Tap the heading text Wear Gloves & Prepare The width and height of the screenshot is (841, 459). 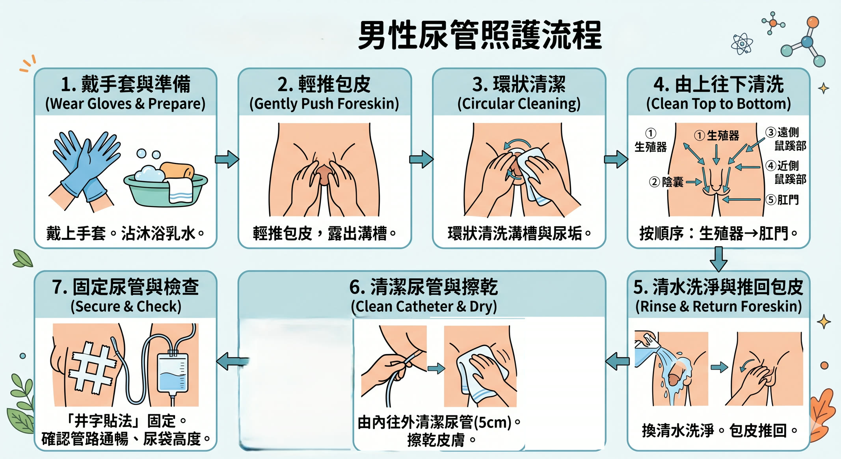(125, 104)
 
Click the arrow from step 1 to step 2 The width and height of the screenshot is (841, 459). (227, 159)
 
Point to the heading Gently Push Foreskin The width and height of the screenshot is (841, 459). (324, 104)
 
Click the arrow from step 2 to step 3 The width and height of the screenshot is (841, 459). (421, 159)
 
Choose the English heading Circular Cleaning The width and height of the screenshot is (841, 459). (519, 104)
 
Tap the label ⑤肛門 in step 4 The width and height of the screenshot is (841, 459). (782, 200)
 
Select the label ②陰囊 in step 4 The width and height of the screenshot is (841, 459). (666, 182)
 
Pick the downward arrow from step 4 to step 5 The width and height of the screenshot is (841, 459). (718, 259)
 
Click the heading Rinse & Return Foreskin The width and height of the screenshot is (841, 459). (718, 306)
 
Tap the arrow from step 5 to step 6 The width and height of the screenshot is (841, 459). (617, 361)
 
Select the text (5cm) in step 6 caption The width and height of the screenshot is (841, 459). (493, 422)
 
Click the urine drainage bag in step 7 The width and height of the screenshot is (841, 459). (173, 372)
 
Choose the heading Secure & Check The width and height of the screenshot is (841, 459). (126, 306)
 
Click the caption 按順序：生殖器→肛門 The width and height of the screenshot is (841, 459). (714, 233)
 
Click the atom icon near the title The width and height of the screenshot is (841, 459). (742, 44)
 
